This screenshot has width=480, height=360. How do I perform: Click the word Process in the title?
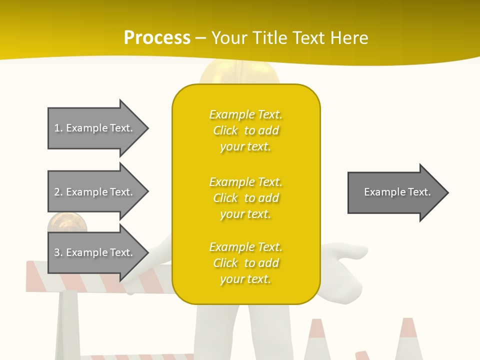coord(157,38)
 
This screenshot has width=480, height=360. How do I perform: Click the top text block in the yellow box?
coord(245,130)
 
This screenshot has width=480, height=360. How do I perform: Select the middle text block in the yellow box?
coord(245,198)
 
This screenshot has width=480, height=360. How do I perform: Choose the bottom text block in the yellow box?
coord(245,263)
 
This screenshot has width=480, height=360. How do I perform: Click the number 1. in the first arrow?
coord(58,128)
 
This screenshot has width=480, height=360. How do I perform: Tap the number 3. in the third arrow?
coord(58,252)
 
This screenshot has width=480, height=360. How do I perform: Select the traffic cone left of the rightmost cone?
coord(317,340)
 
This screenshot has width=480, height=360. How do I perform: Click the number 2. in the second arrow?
coord(58,192)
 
